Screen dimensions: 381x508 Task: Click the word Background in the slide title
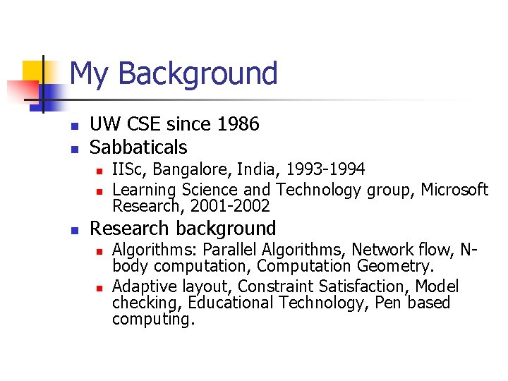coord(198,73)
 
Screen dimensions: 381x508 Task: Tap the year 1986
coord(238,124)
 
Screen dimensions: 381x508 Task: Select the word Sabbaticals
coord(138,147)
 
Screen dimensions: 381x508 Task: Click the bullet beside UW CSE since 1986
coord(73,126)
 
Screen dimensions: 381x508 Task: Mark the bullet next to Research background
coord(73,230)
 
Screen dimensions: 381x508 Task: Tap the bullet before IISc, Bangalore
coord(99,171)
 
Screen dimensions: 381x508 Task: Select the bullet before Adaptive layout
coord(99,287)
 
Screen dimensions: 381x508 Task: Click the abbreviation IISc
coord(128,169)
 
